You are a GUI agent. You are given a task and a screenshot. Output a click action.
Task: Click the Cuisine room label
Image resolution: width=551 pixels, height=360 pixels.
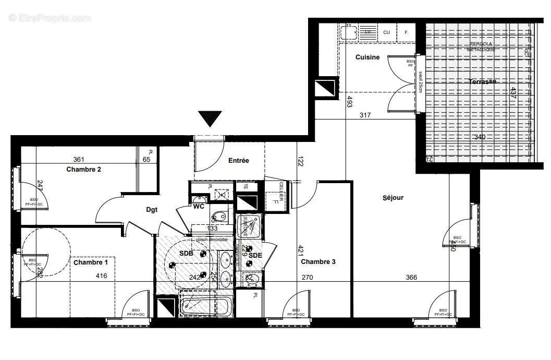coord(368,57)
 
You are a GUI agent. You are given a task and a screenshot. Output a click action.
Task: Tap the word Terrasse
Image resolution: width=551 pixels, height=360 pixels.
coord(482,82)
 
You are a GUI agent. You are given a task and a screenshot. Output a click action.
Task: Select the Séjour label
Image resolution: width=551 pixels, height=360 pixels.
coord(393,198)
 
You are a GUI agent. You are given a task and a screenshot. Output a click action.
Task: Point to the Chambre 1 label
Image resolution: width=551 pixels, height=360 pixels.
coord(90,262)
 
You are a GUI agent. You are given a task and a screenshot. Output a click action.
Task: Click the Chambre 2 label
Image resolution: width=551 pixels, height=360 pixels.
coord(83,169)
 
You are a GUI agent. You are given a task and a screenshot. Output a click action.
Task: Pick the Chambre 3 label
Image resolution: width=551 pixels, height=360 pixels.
coord(318,262)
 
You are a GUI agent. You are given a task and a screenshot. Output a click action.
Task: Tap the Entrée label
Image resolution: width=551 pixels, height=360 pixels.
coord(238,161)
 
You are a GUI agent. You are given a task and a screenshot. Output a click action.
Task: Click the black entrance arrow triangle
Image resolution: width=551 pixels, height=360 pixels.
coord(210,118)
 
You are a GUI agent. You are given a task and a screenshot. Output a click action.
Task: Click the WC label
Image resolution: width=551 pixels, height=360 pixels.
coord(199,207)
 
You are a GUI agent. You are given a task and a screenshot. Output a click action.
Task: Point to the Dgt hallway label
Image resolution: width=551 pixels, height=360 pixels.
coord(152,210)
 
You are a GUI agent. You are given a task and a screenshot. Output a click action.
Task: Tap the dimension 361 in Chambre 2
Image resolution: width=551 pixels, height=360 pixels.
coord(79,160)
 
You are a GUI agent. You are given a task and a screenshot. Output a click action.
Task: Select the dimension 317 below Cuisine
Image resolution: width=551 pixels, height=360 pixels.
coord(365,115)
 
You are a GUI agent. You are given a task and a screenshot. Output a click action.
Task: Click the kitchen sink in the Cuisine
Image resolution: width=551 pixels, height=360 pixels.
coord(347,33)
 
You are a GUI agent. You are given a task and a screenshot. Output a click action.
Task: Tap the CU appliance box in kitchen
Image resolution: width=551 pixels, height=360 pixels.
coord(386,32)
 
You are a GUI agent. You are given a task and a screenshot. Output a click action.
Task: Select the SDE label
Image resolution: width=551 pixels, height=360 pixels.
coord(255,255)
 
